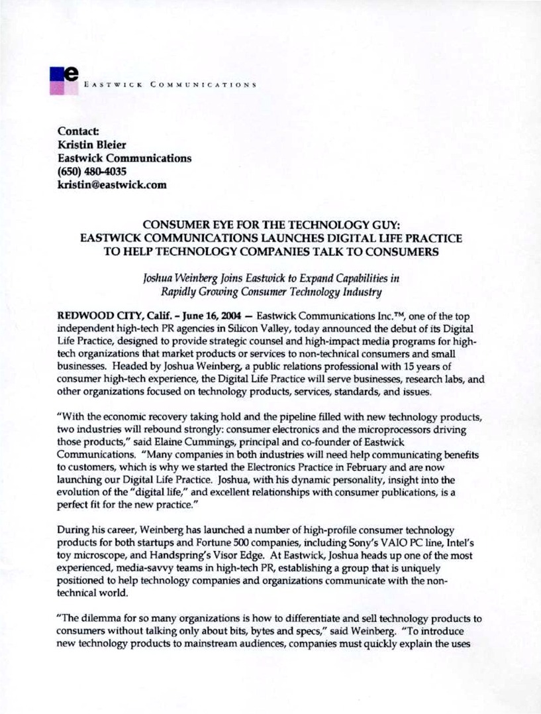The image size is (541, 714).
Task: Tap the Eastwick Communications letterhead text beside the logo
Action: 170,86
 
